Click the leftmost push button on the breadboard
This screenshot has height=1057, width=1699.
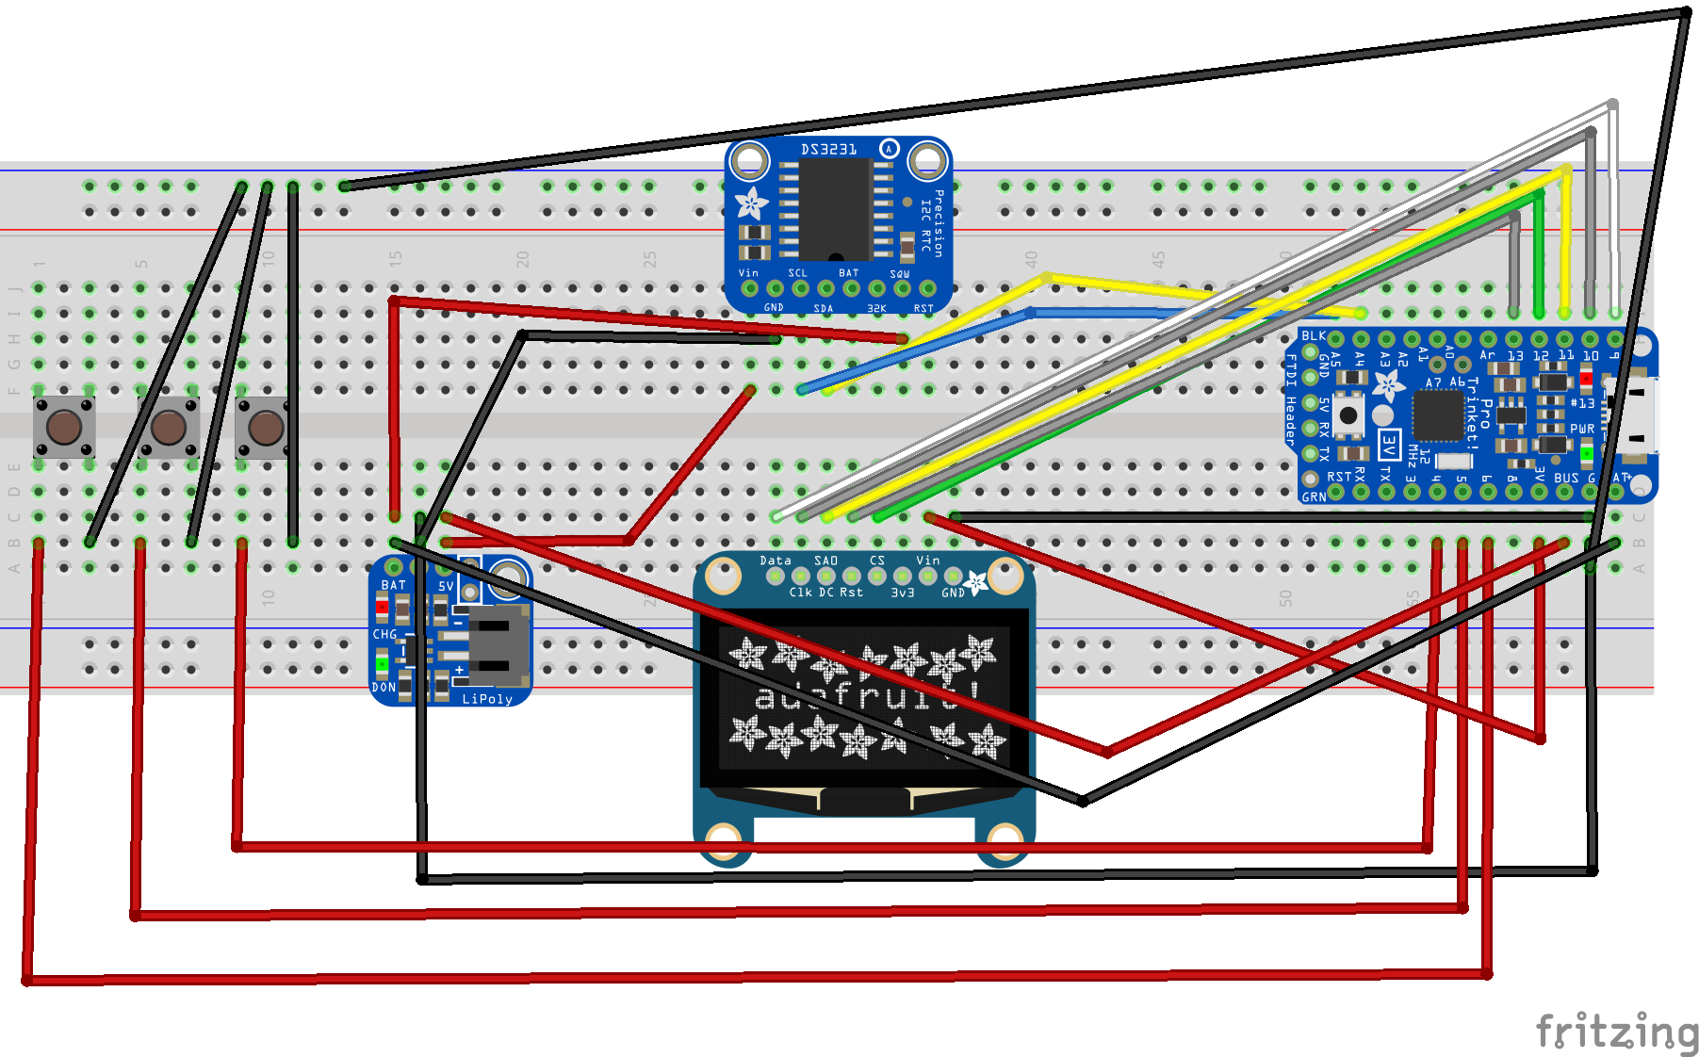64,427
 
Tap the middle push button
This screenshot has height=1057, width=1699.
169,427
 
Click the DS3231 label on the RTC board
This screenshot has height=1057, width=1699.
828,150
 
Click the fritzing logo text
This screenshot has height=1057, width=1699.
1615,1031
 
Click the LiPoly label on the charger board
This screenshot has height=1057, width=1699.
487,699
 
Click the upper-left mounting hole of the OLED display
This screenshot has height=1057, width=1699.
723,574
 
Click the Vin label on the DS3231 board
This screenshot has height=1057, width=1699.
748,273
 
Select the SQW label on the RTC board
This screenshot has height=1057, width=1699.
900,274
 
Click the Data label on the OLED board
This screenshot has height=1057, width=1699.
776,561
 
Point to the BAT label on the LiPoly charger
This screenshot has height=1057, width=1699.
393,585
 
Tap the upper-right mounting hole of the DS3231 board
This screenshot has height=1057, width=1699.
927,161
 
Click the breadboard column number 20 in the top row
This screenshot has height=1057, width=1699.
523,258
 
